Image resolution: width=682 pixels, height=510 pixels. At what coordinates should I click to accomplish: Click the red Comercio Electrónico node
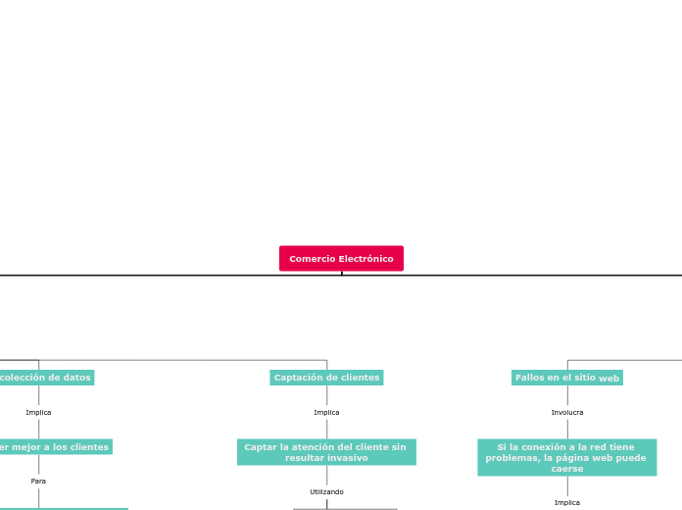[x=341, y=259]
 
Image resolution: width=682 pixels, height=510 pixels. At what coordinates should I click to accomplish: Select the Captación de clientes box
[x=326, y=378]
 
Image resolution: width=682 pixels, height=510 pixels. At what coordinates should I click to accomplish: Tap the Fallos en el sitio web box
[x=566, y=378]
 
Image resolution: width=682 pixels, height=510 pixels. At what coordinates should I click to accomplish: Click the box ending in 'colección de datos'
[x=44, y=378]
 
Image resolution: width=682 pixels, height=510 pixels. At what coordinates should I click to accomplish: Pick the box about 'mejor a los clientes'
[x=54, y=447]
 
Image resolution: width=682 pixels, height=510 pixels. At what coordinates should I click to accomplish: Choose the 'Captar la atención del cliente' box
[x=326, y=452]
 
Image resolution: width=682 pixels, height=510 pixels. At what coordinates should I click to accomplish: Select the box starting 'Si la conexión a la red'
[x=566, y=457]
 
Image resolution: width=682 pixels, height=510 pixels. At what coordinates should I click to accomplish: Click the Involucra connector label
[x=566, y=413]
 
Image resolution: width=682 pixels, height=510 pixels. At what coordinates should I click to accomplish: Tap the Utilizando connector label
[x=326, y=492]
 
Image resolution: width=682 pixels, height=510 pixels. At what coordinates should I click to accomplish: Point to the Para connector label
[x=38, y=482]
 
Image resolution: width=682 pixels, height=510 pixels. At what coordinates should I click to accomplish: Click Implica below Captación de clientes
[x=326, y=413]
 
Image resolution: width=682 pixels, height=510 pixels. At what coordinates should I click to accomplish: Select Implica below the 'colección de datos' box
[x=38, y=413]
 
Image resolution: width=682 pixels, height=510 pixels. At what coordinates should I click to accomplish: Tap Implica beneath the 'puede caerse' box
[x=566, y=503]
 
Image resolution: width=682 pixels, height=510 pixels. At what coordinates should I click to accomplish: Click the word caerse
[x=566, y=469]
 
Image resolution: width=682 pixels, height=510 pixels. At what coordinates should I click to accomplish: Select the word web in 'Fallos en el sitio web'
[x=609, y=379]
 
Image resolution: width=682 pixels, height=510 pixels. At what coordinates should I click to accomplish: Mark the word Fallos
[x=530, y=378]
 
